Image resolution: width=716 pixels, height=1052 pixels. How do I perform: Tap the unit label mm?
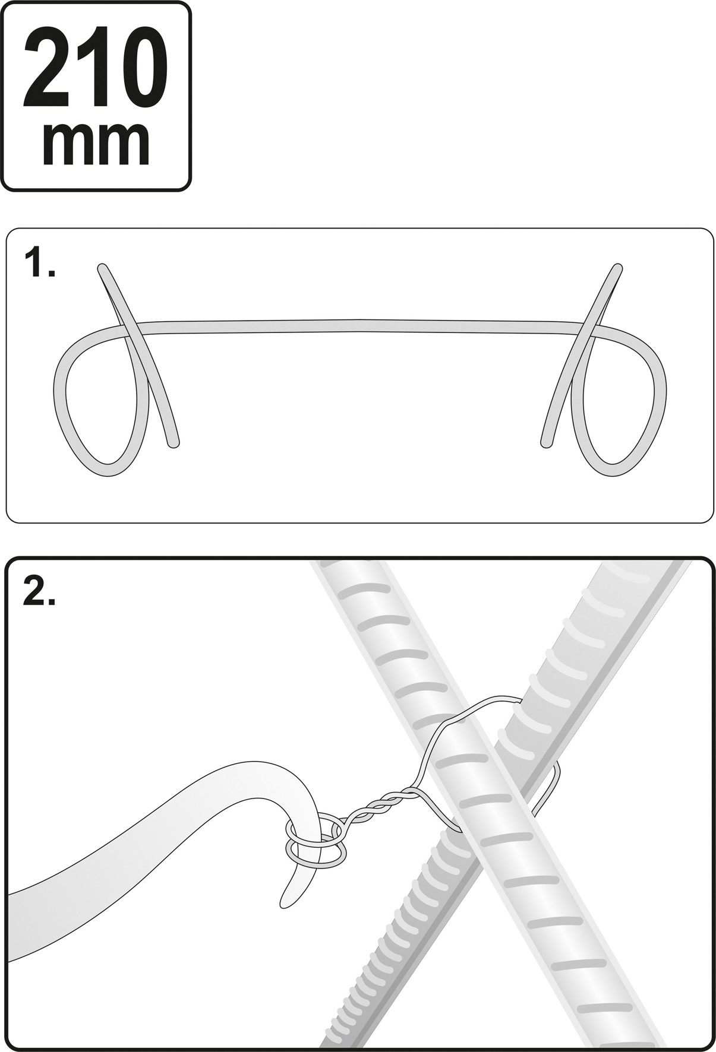point(96,144)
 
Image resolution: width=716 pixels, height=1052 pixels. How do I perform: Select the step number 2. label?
point(39,591)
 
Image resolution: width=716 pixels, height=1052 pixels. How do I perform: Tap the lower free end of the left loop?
point(174,442)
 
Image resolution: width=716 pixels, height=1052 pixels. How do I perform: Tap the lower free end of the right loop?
point(545,442)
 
